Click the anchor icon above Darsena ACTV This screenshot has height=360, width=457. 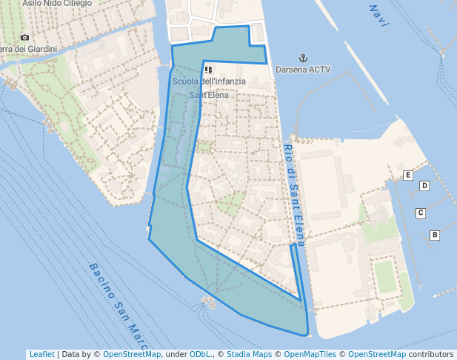(302, 58)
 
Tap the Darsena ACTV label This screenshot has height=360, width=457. (302, 70)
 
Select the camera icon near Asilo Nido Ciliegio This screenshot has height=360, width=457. (25, 37)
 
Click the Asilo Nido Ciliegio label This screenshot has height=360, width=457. (57, 4)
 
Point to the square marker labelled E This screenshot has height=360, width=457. (407, 175)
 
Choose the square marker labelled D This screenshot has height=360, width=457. (424, 186)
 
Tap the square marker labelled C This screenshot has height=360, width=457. (420, 213)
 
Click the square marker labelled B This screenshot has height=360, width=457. (435, 236)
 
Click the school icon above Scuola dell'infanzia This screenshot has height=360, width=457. (209, 70)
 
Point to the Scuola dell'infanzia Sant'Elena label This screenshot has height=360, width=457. (208, 87)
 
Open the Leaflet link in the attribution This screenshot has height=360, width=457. (41, 354)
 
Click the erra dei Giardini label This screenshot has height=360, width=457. (30, 50)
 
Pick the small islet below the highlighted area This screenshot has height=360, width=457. (207, 301)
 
